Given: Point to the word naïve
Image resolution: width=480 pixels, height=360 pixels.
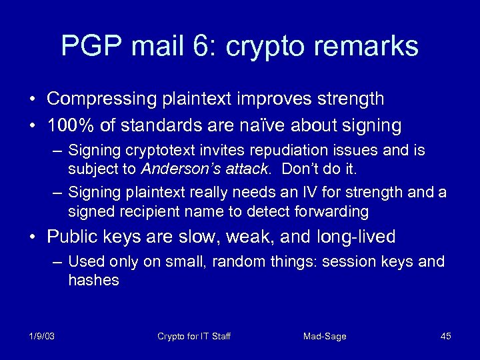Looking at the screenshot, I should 279,125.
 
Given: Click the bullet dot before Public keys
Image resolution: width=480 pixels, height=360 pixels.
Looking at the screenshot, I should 33,237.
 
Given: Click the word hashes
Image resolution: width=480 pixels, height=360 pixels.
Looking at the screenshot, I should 93,280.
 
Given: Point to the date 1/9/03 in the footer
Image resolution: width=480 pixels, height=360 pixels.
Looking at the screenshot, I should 41,336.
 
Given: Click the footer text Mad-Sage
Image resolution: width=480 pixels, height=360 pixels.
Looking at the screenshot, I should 325,336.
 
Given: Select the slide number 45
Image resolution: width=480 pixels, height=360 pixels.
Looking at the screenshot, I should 445,336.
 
